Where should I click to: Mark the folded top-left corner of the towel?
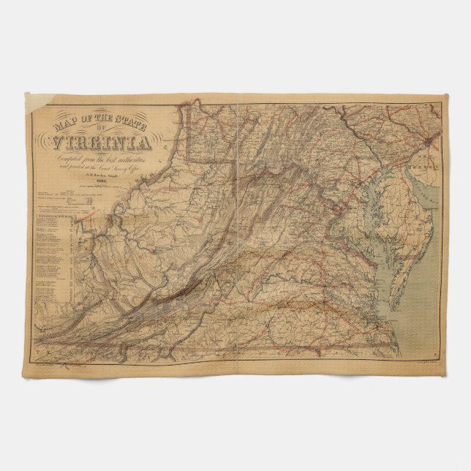click(x=34, y=102)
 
